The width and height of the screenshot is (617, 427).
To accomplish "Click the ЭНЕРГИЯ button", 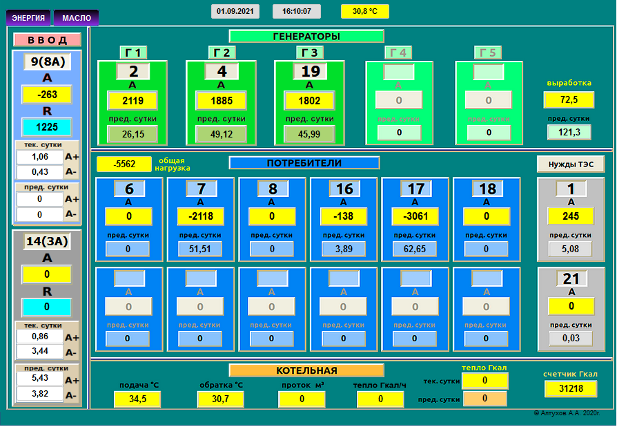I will (x=28, y=18).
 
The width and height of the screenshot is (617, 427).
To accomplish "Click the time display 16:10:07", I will (x=297, y=12).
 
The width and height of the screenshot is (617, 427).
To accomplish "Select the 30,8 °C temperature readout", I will (x=365, y=12).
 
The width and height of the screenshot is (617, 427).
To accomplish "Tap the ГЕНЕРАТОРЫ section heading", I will (x=306, y=37).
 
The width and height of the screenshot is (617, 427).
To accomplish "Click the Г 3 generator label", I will (x=310, y=53).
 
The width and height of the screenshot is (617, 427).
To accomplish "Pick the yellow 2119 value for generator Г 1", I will (x=133, y=101).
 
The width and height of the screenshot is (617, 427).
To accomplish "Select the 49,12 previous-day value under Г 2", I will (x=221, y=134).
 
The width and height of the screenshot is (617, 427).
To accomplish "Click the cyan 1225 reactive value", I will (x=47, y=127).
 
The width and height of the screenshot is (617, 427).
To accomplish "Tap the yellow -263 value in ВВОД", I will (x=47, y=95).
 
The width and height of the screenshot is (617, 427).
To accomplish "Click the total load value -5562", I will (x=124, y=164).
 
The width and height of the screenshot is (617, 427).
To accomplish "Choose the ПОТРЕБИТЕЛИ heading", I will (x=304, y=163).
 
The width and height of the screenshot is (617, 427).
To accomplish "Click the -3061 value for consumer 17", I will (x=415, y=217).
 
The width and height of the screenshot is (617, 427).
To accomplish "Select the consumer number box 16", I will (x=344, y=189).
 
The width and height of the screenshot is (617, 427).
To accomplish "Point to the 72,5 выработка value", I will (x=569, y=100).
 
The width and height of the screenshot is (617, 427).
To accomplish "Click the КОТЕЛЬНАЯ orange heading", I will (x=306, y=370).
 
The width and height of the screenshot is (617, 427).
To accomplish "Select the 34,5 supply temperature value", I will (x=137, y=399).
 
